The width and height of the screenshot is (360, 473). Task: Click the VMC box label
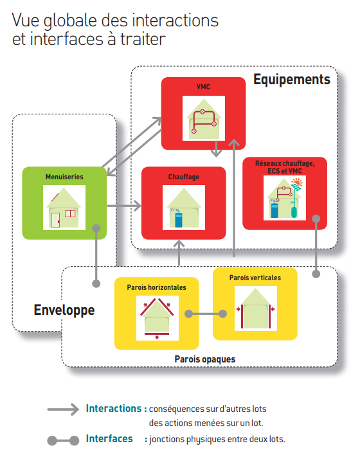pyautogui.click(x=203, y=87)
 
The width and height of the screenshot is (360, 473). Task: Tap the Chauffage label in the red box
pyautogui.click(x=183, y=177)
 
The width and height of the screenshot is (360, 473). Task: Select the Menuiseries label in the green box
pyautogui.click(x=64, y=177)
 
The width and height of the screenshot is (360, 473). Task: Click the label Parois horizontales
pyautogui.click(x=156, y=287)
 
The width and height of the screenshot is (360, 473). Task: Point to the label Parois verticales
pyautogui.click(x=255, y=278)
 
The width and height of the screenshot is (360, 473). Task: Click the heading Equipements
pyautogui.click(x=291, y=80)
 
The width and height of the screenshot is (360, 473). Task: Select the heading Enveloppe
pyautogui.click(x=64, y=310)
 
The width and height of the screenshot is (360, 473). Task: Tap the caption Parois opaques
pyautogui.click(x=205, y=359)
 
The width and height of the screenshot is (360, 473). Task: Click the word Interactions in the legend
pyautogui.click(x=113, y=408)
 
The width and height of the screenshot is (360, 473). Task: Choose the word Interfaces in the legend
pyautogui.click(x=109, y=438)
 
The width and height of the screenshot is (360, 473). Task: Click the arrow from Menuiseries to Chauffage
pyautogui.click(x=124, y=206)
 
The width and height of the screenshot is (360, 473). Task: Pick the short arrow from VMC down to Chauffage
pyautogui.click(x=216, y=148)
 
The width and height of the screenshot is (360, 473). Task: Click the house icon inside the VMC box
pyautogui.click(x=204, y=118)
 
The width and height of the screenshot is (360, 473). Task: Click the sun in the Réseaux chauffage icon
pyautogui.click(x=297, y=183)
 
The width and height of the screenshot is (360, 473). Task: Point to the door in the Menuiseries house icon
pyautogui.click(x=55, y=220)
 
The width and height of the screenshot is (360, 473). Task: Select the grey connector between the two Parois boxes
pyautogui.click(x=206, y=314)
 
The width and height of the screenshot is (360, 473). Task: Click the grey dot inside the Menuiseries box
pyautogui.click(x=96, y=228)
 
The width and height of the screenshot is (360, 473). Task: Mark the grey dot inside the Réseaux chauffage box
pyautogui.click(x=316, y=219)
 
